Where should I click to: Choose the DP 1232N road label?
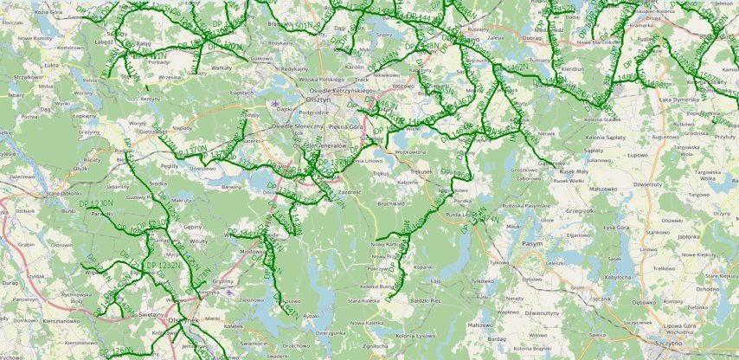tap(162, 264)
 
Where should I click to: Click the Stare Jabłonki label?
tap(62, 194)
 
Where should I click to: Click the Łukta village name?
tap(28, 64)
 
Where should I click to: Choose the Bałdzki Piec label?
tap(427, 299)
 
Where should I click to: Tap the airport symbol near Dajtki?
tap(277, 104)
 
